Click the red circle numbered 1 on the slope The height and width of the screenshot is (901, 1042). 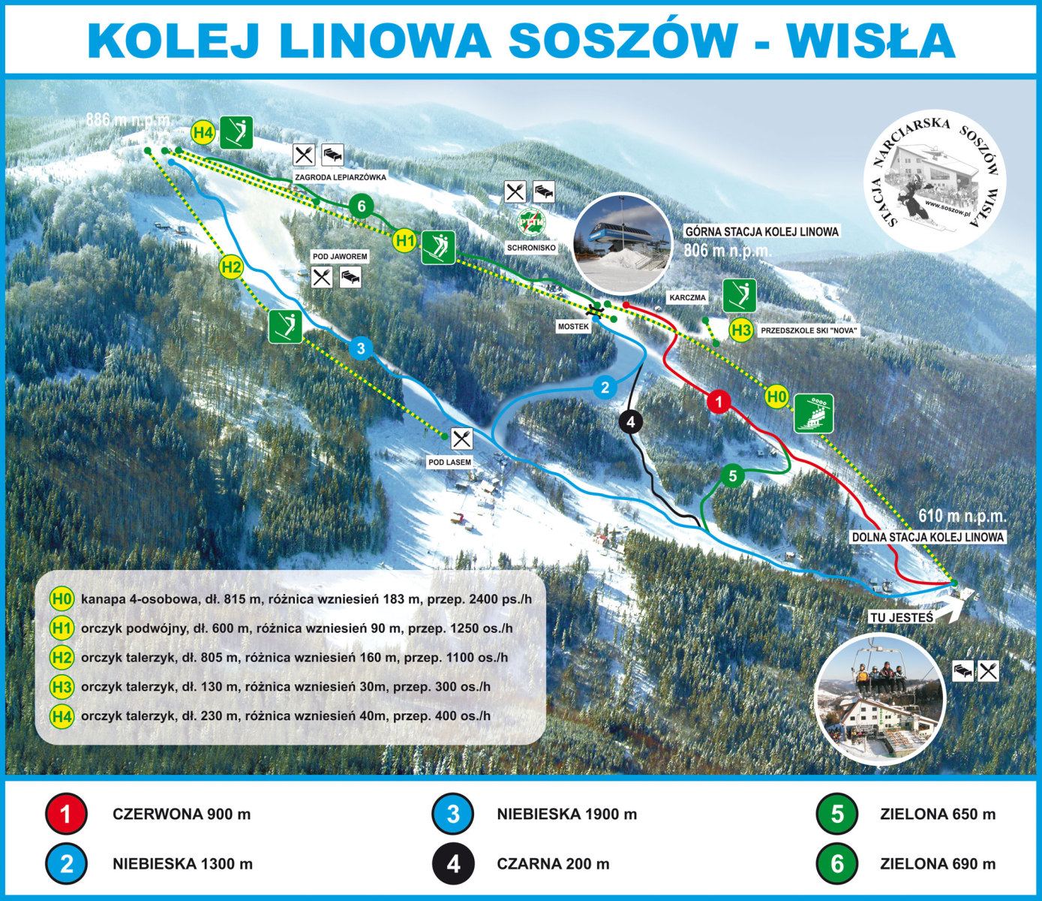(719, 402)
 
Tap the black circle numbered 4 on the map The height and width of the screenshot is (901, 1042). (630, 422)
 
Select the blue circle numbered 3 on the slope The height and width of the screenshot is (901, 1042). (361, 348)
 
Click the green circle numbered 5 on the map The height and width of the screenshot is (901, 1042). (732, 475)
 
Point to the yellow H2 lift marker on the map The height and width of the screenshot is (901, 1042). (231, 267)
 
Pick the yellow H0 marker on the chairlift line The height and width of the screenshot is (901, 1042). (776, 396)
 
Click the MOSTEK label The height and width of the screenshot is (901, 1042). (573, 327)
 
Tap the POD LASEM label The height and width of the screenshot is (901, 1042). (449, 462)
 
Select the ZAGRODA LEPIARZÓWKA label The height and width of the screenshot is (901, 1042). (341, 177)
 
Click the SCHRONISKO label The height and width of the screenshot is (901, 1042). (531, 247)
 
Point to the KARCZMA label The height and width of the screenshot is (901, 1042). (687, 297)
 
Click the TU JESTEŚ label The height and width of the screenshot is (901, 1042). (901, 617)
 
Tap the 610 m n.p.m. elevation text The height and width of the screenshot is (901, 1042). (962, 517)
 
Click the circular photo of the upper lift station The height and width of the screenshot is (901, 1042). (622, 243)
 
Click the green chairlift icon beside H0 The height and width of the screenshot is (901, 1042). (814, 413)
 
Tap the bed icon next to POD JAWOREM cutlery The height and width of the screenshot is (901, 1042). (350, 277)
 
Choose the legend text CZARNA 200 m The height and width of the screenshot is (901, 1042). (553, 864)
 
